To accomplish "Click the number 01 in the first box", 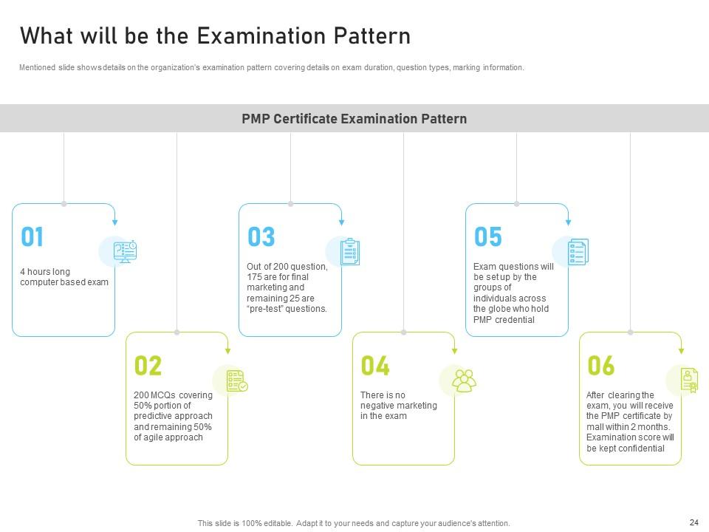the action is pyautogui.click(x=32, y=236).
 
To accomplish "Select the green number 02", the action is pyautogui.click(x=148, y=366).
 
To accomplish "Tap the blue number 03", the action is pyautogui.click(x=261, y=236).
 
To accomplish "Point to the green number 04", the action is pyautogui.click(x=375, y=366).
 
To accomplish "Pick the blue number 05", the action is pyautogui.click(x=488, y=236).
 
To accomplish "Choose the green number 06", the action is pyautogui.click(x=601, y=366).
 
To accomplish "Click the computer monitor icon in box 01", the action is pyautogui.click(x=126, y=251).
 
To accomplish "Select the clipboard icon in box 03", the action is pyautogui.click(x=350, y=251).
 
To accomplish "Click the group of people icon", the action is pyautogui.click(x=465, y=381).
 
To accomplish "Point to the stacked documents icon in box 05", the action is pyautogui.click(x=578, y=251).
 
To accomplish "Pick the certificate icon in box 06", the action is pyautogui.click(x=689, y=380).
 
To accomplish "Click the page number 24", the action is pyautogui.click(x=694, y=522).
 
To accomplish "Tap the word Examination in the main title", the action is pyautogui.click(x=261, y=35).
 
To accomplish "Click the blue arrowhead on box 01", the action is pyautogui.click(x=115, y=222).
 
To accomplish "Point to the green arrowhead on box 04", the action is pyautogui.click(x=454, y=351).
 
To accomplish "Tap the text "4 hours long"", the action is pyautogui.click(x=45, y=271).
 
